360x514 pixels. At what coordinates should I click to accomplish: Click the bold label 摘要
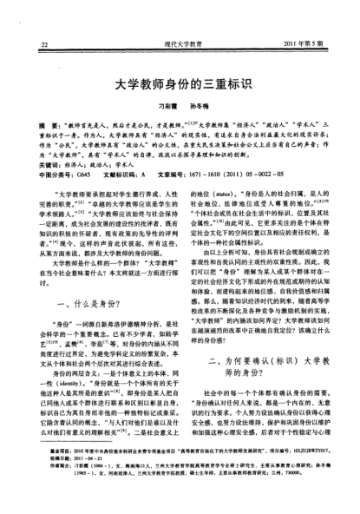click(37, 125)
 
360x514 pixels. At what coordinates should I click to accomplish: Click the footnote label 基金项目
click(42, 475)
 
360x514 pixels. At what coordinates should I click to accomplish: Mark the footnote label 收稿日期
click(42, 483)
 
